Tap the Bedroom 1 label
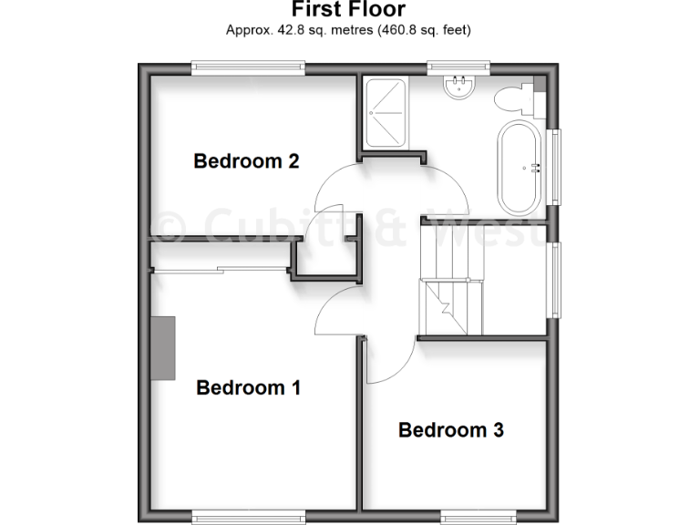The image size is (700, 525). point(249,388)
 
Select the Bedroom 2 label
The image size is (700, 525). point(246,161)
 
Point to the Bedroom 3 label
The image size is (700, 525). point(451,429)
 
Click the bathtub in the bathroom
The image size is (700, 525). point(519,168)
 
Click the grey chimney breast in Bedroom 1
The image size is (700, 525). point(163,347)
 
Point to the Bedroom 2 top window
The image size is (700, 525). point(247,67)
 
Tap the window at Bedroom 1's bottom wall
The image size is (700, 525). point(249,518)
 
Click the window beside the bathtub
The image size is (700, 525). point(555,166)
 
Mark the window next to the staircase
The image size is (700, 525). point(555,279)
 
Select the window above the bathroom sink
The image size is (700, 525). point(459,67)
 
